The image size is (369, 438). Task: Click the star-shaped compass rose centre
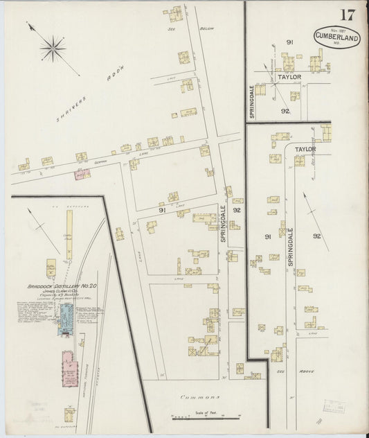53,49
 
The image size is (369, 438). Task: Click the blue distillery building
67,316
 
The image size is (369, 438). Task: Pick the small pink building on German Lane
82,174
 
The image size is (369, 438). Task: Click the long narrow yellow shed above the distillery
69,234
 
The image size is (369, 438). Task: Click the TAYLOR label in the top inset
288,77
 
